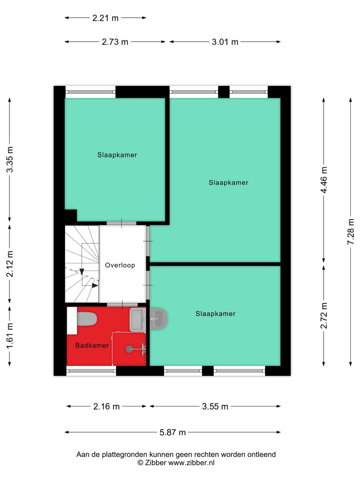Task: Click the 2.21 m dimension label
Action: (105, 18)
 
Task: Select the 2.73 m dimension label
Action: (115, 42)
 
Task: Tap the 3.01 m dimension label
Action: (225, 42)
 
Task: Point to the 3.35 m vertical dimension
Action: (10, 159)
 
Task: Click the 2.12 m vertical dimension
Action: (10, 264)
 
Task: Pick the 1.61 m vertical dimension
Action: (10, 336)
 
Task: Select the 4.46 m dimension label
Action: (324, 180)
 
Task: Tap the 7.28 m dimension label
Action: (351, 232)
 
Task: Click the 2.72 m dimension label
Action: (324, 315)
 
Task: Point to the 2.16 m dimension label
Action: (106, 406)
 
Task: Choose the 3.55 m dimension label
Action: (215, 406)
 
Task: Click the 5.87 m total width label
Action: (172, 432)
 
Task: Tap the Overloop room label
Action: (120, 265)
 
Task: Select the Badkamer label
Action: (92, 346)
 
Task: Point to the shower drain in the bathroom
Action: (129, 349)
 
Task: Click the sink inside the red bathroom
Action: (137, 320)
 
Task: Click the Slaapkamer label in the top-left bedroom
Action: (117, 155)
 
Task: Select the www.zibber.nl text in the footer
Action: (191, 463)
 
